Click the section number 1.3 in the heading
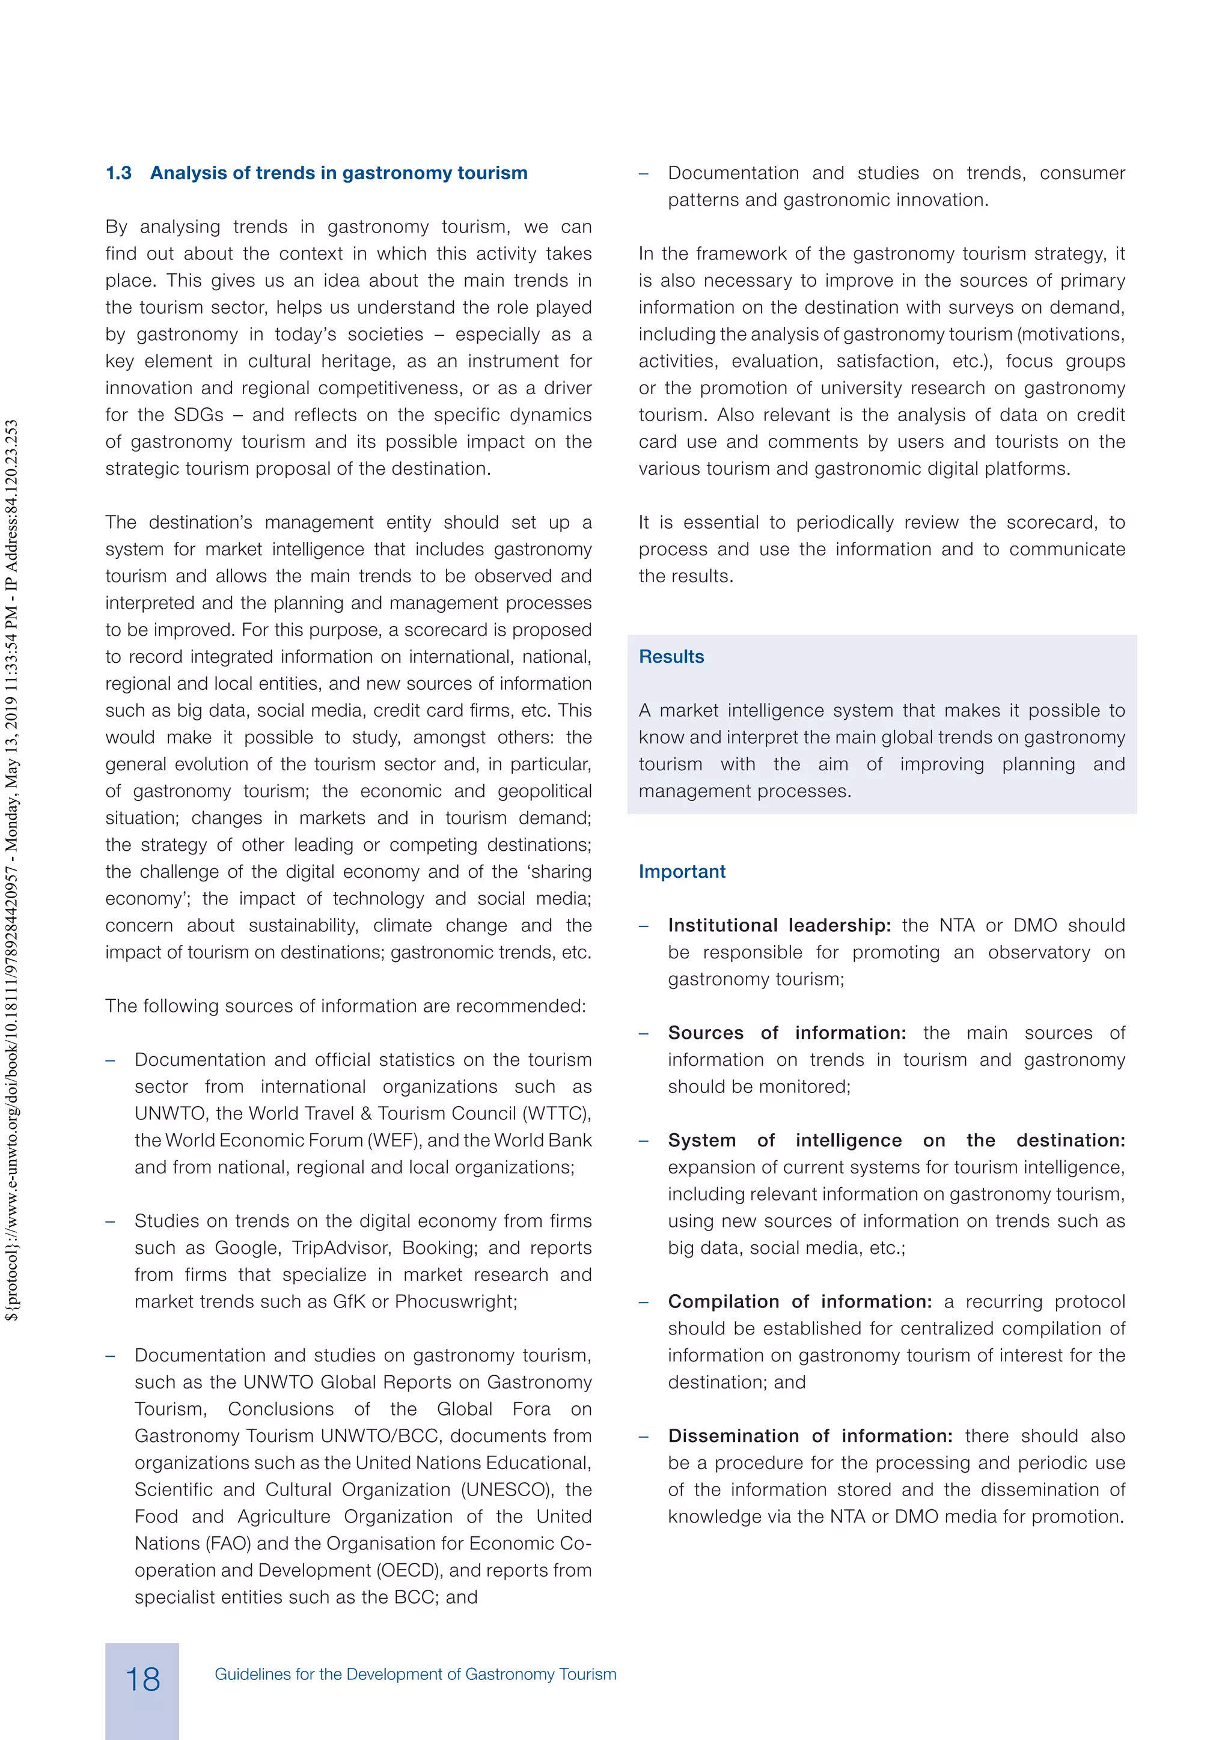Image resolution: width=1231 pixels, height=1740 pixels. pyautogui.click(x=118, y=174)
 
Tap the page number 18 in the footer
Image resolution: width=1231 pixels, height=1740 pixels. pyautogui.click(x=142, y=1679)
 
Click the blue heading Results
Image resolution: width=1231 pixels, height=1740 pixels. pyautogui.click(x=671, y=657)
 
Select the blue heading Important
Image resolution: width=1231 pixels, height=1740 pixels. pyautogui.click(x=682, y=872)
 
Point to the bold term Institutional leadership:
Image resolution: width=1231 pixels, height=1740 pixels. pyautogui.click(x=779, y=925)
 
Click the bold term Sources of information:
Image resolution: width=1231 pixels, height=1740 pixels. pyautogui.click(x=786, y=1033)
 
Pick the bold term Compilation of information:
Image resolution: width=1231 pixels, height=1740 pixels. pyautogui.click(x=799, y=1301)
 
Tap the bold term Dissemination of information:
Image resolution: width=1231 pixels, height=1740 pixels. pyautogui.click(x=810, y=1435)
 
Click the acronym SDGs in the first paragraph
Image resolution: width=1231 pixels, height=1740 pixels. pyautogui.click(x=198, y=415)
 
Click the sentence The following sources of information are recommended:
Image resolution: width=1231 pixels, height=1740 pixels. pyautogui.click(x=346, y=1006)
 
